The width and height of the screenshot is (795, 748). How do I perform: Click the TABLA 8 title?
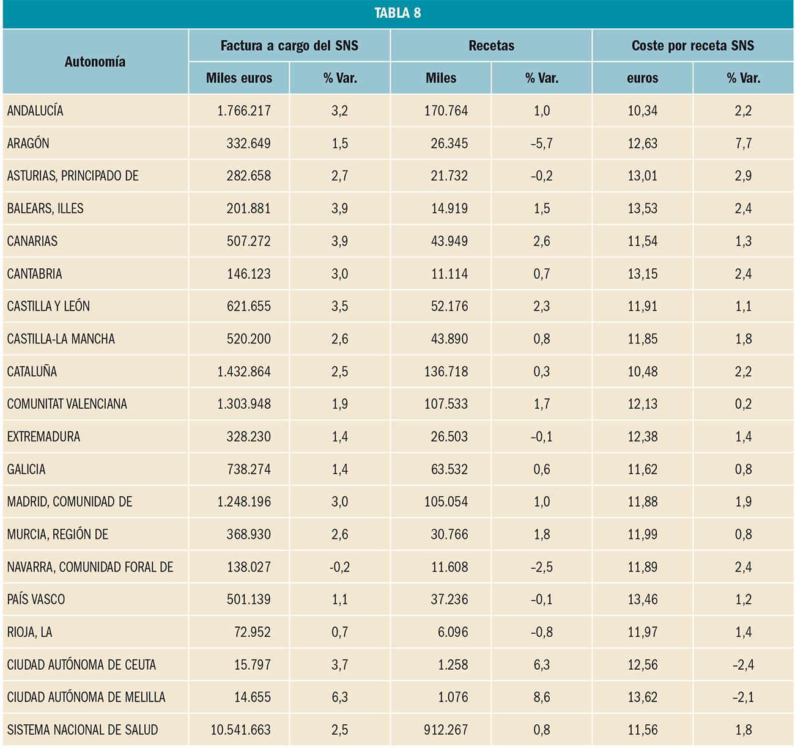point(398,13)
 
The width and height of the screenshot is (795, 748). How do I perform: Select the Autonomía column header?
point(95,62)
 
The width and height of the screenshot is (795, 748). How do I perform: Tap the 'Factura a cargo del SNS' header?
point(289,46)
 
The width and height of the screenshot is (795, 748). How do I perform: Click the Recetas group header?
point(491,46)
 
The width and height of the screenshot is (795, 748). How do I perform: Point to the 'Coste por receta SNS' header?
point(692,46)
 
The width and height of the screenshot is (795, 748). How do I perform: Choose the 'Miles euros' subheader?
point(239,78)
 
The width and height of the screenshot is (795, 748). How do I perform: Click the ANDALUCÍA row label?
point(35,111)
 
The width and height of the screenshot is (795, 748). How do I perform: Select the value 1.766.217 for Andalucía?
point(244,111)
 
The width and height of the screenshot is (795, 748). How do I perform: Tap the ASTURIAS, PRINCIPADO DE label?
point(73,176)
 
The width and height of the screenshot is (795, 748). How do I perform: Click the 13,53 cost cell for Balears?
point(643,208)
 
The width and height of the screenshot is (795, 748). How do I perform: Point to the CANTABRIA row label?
point(35,274)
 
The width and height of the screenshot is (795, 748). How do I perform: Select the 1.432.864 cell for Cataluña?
point(244,372)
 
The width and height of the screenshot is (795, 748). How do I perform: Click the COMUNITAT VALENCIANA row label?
point(67,404)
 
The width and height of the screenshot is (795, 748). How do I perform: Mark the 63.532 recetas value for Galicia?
point(449,469)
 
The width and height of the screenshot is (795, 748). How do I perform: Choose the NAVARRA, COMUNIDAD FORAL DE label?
point(91,567)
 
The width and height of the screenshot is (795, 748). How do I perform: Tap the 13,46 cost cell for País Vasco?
point(643,599)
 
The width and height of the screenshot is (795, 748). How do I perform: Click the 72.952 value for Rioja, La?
point(253,632)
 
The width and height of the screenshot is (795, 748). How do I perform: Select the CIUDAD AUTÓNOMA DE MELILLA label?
point(86,697)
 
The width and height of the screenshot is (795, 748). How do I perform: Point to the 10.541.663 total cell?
point(240,730)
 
